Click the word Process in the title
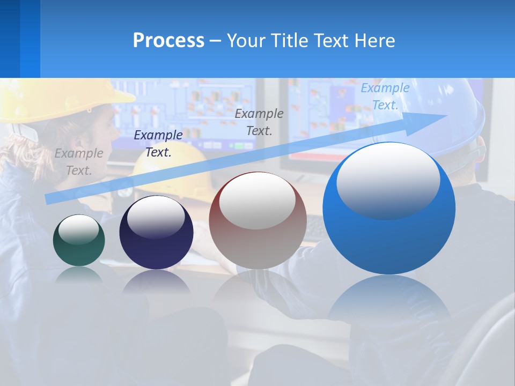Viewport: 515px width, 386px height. pyautogui.click(x=168, y=41)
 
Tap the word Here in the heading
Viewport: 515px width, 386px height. pyautogui.click(x=374, y=41)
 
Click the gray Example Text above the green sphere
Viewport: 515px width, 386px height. pyautogui.click(x=79, y=162)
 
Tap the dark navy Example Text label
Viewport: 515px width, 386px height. pyautogui.click(x=158, y=144)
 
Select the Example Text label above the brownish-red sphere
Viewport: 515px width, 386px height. pyautogui.click(x=259, y=122)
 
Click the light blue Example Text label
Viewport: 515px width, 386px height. pyautogui.click(x=385, y=96)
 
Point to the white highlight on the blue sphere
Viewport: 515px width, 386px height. pyautogui.click(x=388, y=181)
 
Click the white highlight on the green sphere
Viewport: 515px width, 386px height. pyautogui.click(x=78, y=230)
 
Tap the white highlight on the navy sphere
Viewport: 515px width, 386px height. pyautogui.click(x=156, y=216)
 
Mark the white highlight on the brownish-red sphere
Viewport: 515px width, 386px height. pyautogui.click(x=257, y=202)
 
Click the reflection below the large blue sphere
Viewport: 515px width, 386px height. pyautogui.click(x=389, y=300)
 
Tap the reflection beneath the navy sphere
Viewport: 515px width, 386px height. pyautogui.click(x=156, y=281)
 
